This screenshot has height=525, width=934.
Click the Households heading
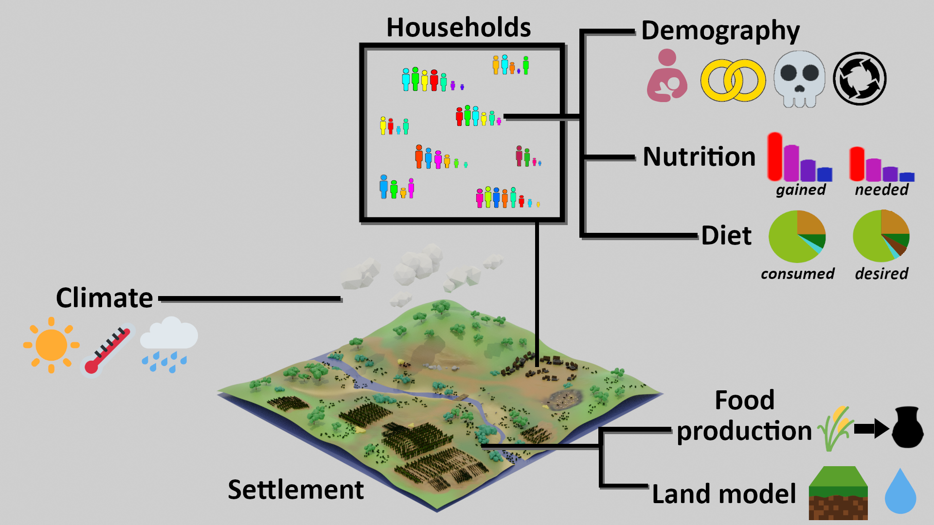[x=458, y=28]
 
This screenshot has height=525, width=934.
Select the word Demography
[x=720, y=31]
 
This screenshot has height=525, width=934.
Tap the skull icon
[x=799, y=79]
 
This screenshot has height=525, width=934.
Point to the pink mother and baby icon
[x=666, y=75]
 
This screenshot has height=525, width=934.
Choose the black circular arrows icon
[x=860, y=79]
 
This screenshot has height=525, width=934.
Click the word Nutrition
[x=699, y=157]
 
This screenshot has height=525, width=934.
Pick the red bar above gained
[x=775, y=157]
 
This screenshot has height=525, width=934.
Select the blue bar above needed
[x=907, y=177]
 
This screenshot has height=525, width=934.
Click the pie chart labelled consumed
[x=797, y=237]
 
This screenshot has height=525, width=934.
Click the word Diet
[x=726, y=236]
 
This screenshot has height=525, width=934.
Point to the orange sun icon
[x=51, y=345]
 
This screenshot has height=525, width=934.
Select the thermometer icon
[x=108, y=350]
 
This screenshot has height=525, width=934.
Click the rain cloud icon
[x=168, y=344]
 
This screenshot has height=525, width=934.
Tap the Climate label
[x=105, y=297]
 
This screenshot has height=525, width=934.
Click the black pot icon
[x=908, y=427]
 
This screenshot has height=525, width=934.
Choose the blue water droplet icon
[x=900, y=492]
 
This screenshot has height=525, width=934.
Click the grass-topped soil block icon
[x=838, y=493]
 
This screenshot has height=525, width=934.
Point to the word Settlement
[x=296, y=490]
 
